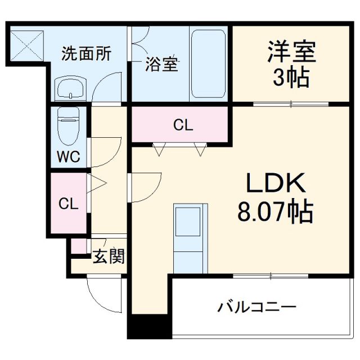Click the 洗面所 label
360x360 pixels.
click(86, 55)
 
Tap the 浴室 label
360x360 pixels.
click(163, 64)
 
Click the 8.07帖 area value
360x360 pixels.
click(276, 212)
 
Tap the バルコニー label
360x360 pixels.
click(256, 307)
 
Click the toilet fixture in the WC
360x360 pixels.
click(69, 124)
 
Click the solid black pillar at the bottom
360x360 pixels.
click(149, 327)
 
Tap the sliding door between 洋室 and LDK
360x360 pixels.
click(290, 104)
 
